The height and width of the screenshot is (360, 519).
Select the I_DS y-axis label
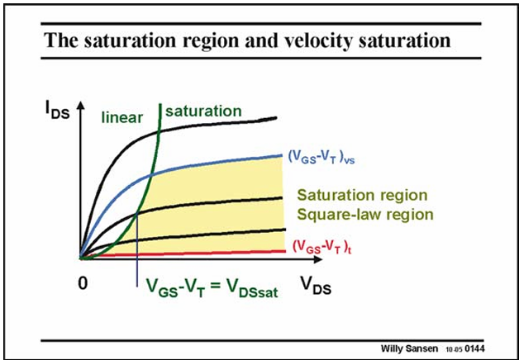coord(57,111)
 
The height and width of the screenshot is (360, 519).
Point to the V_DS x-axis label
coord(315,286)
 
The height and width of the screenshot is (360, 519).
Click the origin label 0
coord(83,283)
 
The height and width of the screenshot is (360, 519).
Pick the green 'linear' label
coord(122,118)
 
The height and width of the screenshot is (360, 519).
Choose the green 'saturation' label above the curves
coord(203,111)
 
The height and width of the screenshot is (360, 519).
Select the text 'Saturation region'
coord(363,195)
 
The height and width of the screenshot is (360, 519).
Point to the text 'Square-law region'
coord(365,215)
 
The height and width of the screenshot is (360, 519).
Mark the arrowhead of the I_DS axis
coord(80,105)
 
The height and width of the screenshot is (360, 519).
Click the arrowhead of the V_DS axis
coord(317,258)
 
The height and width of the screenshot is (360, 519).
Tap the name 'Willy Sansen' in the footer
coord(410,348)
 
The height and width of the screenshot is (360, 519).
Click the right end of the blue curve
coord(281,155)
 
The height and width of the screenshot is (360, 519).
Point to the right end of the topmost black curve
coord(275,118)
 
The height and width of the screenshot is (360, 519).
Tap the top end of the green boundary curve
coord(160,105)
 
